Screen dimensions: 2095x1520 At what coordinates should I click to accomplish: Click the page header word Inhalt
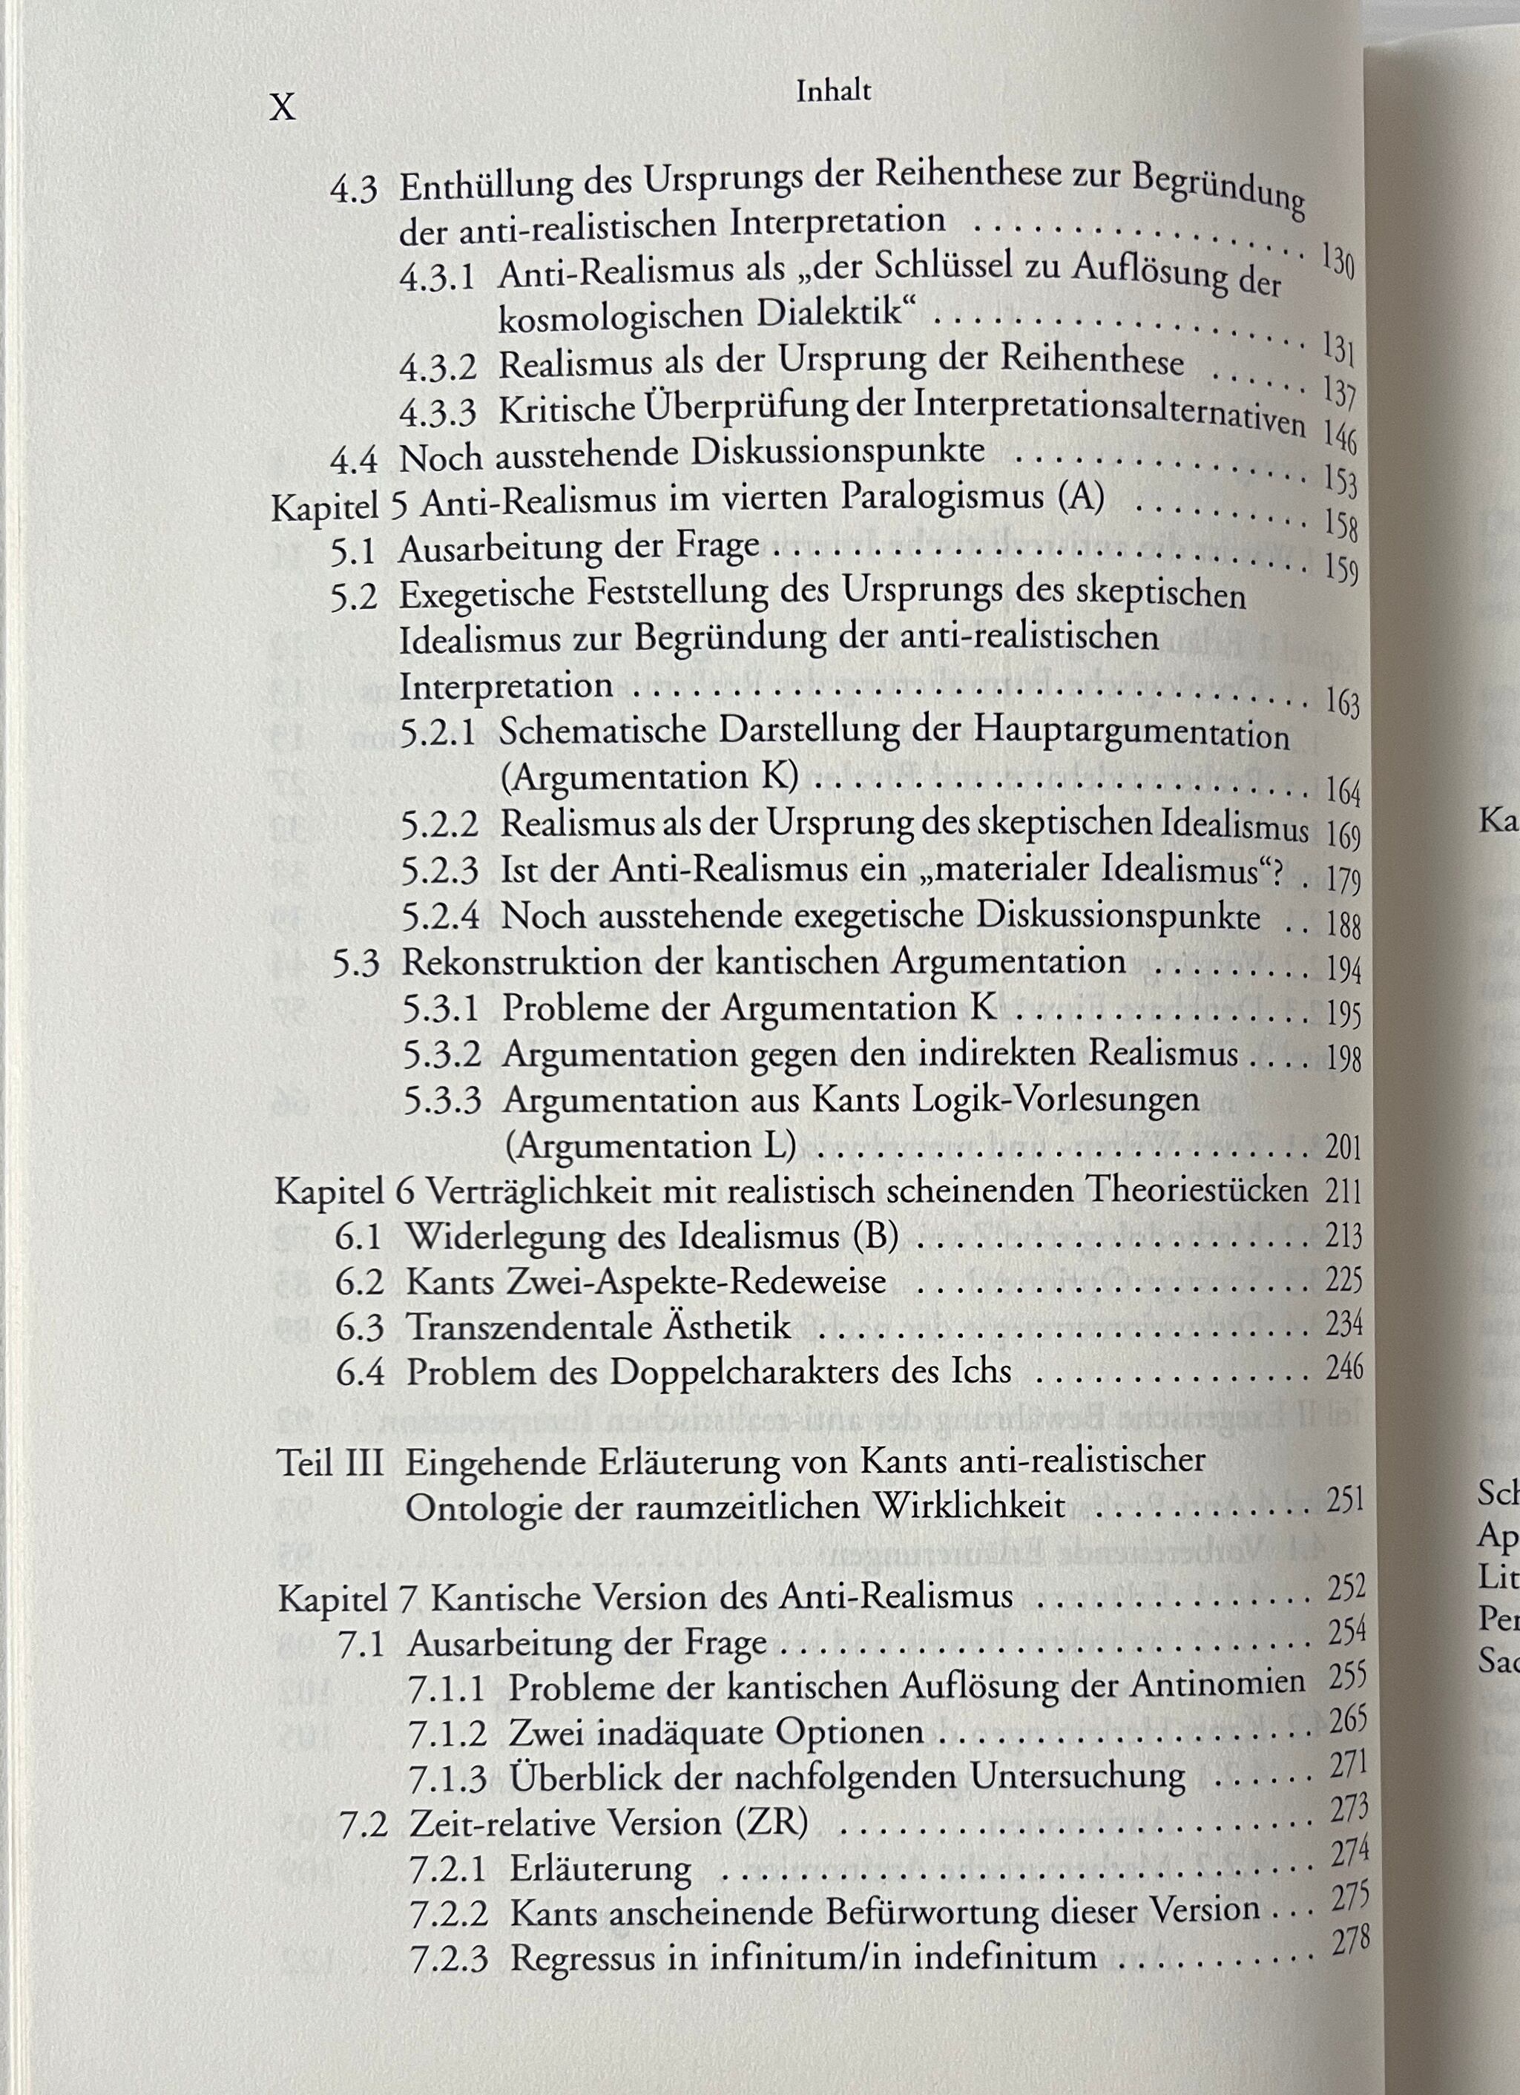(833, 91)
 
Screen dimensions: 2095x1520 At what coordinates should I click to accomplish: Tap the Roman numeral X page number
(283, 109)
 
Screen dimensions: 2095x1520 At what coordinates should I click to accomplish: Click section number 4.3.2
(438, 366)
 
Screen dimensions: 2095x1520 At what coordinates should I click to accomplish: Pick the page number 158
(1340, 525)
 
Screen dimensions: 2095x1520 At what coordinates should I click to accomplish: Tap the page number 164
(1343, 791)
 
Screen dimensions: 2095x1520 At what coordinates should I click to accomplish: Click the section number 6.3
(359, 1327)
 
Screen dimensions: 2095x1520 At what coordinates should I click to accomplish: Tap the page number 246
(1344, 1367)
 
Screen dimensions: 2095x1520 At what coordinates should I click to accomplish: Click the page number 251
(1344, 1499)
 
